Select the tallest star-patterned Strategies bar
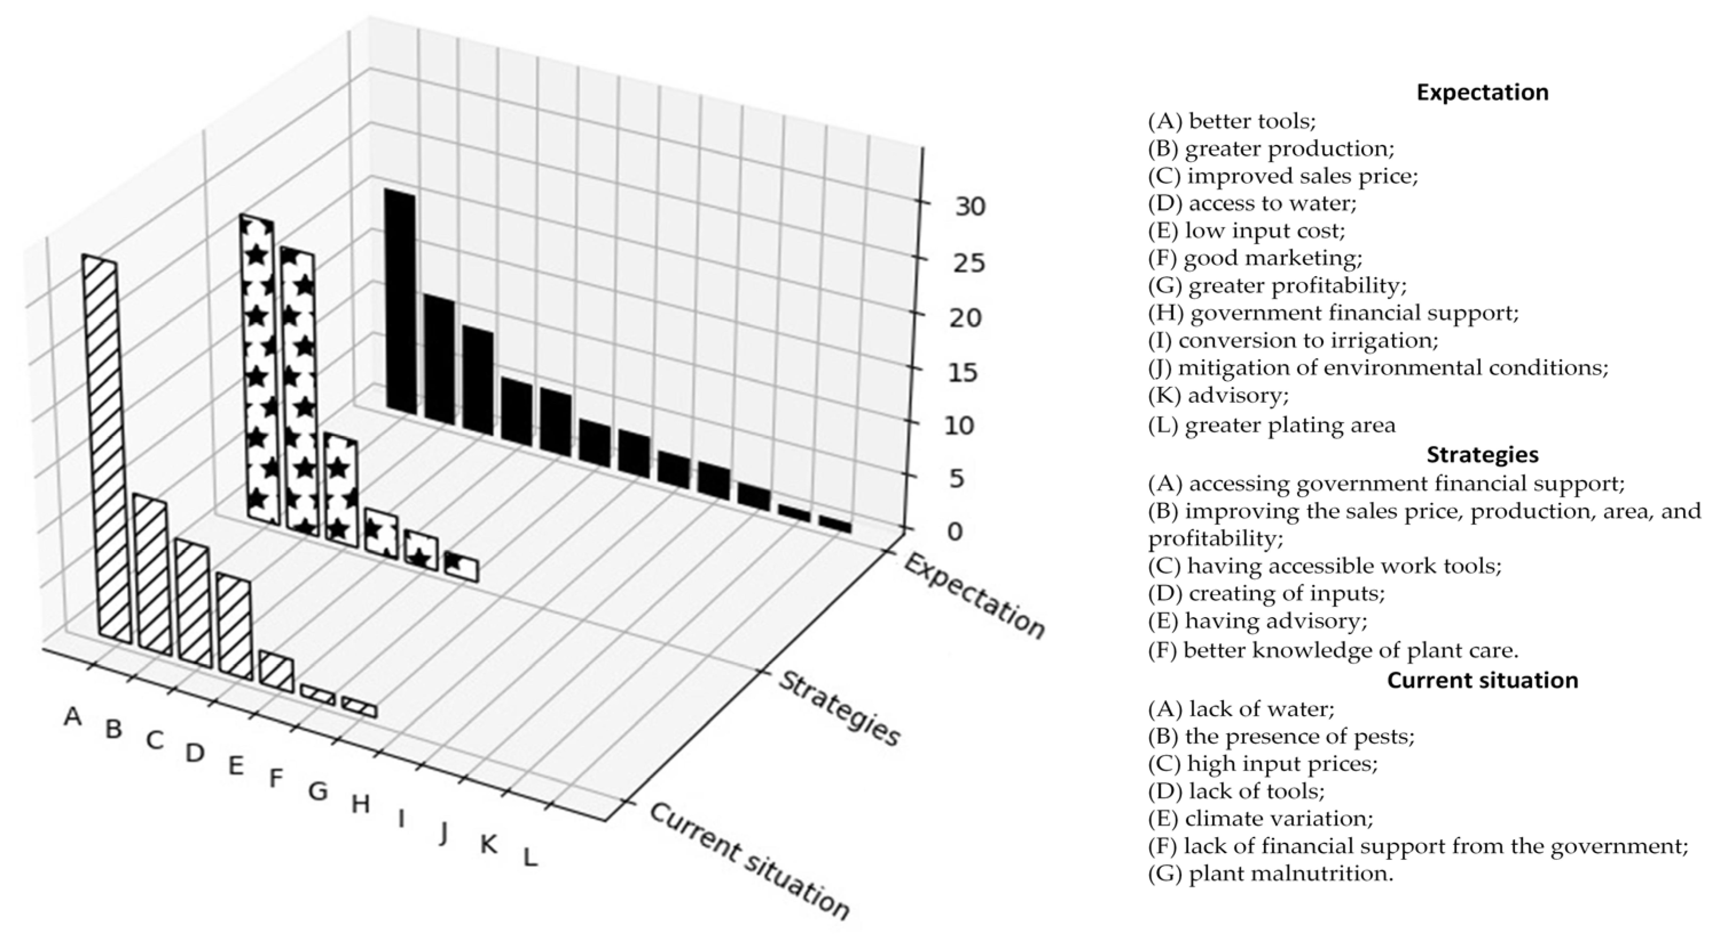coord(258,368)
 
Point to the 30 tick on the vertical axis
coord(970,207)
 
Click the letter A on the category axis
coord(73,717)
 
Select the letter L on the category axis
coord(530,857)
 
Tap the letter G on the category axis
coord(318,791)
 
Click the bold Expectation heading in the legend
coord(1482,92)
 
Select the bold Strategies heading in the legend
coord(1482,455)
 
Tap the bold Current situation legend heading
coord(1482,680)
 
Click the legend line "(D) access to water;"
coord(1252,203)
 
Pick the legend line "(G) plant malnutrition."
coord(1270,873)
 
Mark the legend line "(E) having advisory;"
coord(1257,621)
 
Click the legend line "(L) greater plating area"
coord(1272,425)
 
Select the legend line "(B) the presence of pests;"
coord(1281,736)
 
